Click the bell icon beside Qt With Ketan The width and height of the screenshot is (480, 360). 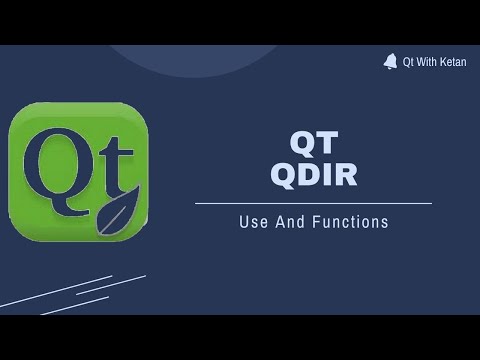(x=390, y=61)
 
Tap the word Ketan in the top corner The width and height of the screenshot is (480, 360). (x=452, y=62)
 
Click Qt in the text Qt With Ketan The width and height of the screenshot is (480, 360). (x=408, y=62)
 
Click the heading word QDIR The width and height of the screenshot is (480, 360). (x=313, y=174)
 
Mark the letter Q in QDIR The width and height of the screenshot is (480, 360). (x=283, y=174)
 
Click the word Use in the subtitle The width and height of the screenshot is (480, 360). (x=252, y=222)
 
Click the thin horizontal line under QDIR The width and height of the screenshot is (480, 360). (x=313, y=203)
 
